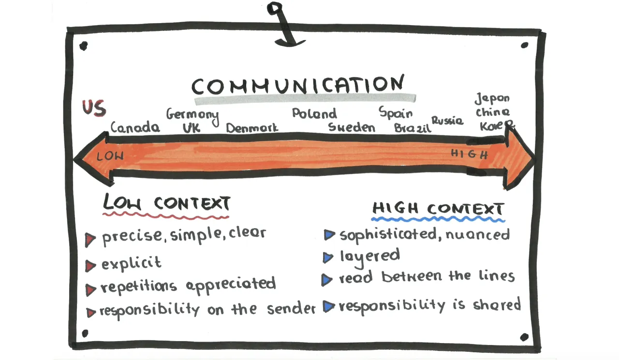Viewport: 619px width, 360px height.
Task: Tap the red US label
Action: tap(93, 108)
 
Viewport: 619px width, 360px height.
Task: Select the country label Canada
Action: tap(135, 128)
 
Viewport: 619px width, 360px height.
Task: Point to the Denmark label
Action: tap(252, 128)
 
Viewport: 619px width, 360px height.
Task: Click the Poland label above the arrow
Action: tap(314, 114)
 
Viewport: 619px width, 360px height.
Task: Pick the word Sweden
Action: tap(352, 127)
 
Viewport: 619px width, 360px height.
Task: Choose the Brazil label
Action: tap(412, 128)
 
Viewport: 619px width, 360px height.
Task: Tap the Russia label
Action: tap(447, 120)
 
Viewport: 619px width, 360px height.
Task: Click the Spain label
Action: tap(396, 113)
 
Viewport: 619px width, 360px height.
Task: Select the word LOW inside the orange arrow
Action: tap(110, 156)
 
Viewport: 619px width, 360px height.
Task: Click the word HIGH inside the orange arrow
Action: tap(470, 154)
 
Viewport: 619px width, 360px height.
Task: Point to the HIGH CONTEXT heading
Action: tap(438, 210)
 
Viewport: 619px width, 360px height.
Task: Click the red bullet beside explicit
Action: tap(90, 265)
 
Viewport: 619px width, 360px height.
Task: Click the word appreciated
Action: tap(231, 285)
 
